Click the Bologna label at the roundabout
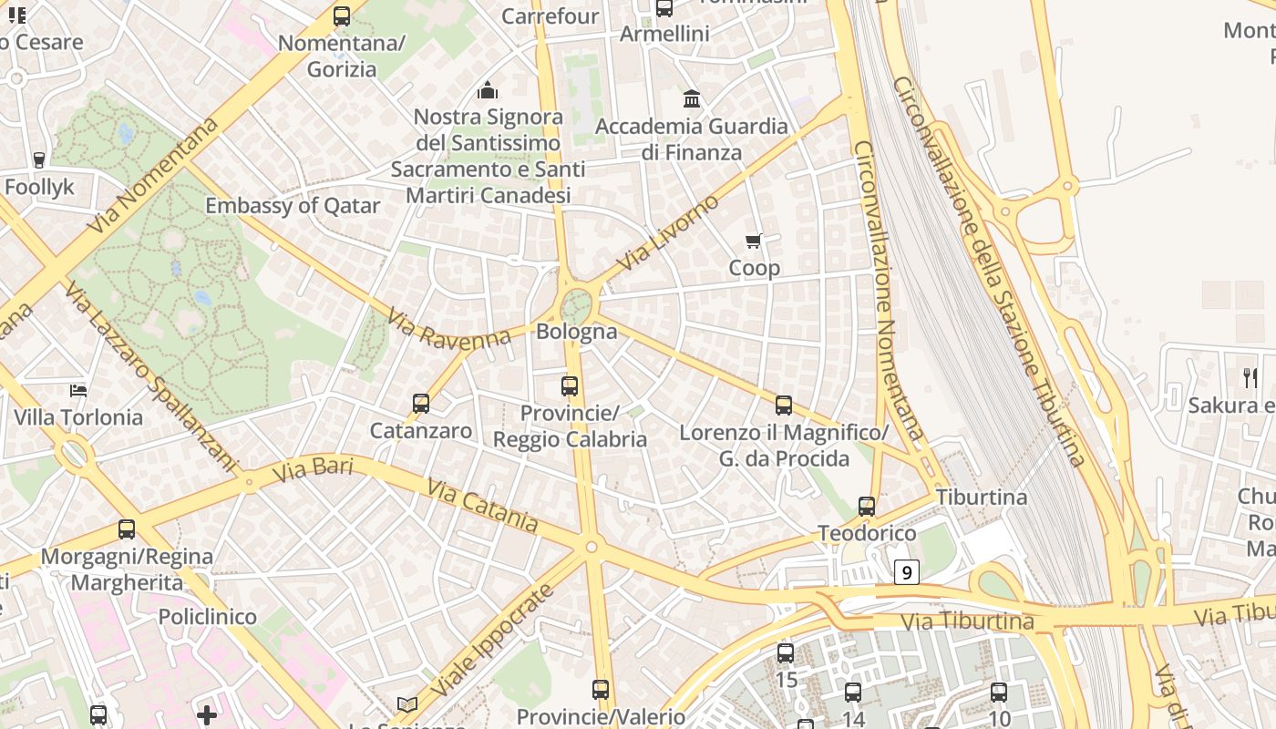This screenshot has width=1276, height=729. click(576, 332)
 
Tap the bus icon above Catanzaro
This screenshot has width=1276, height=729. click(420, 403)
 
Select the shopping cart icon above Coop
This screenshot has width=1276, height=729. click(753, 241)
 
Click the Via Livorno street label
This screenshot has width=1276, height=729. click(667, 233)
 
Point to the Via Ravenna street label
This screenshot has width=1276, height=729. click(448, 328)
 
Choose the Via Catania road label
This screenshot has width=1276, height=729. click(482, 506)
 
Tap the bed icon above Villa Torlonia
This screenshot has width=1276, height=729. click(78, 391)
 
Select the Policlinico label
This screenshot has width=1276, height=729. click(208, 617)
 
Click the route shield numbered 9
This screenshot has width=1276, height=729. click(906, 572)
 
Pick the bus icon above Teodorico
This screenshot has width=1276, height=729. click(866, 506)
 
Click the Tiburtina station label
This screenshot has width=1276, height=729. click(982, 498)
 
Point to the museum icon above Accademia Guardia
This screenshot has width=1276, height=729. click(692, 98)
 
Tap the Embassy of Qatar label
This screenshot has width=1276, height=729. click(293, 206)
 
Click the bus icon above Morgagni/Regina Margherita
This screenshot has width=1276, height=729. click(127, 529)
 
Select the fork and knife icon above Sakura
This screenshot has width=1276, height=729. click(1250, 377)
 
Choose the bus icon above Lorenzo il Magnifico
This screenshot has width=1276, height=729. click(783, 406)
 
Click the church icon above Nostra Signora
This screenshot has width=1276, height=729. click(488, 90)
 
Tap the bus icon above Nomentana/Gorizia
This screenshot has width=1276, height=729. click(341, 15)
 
